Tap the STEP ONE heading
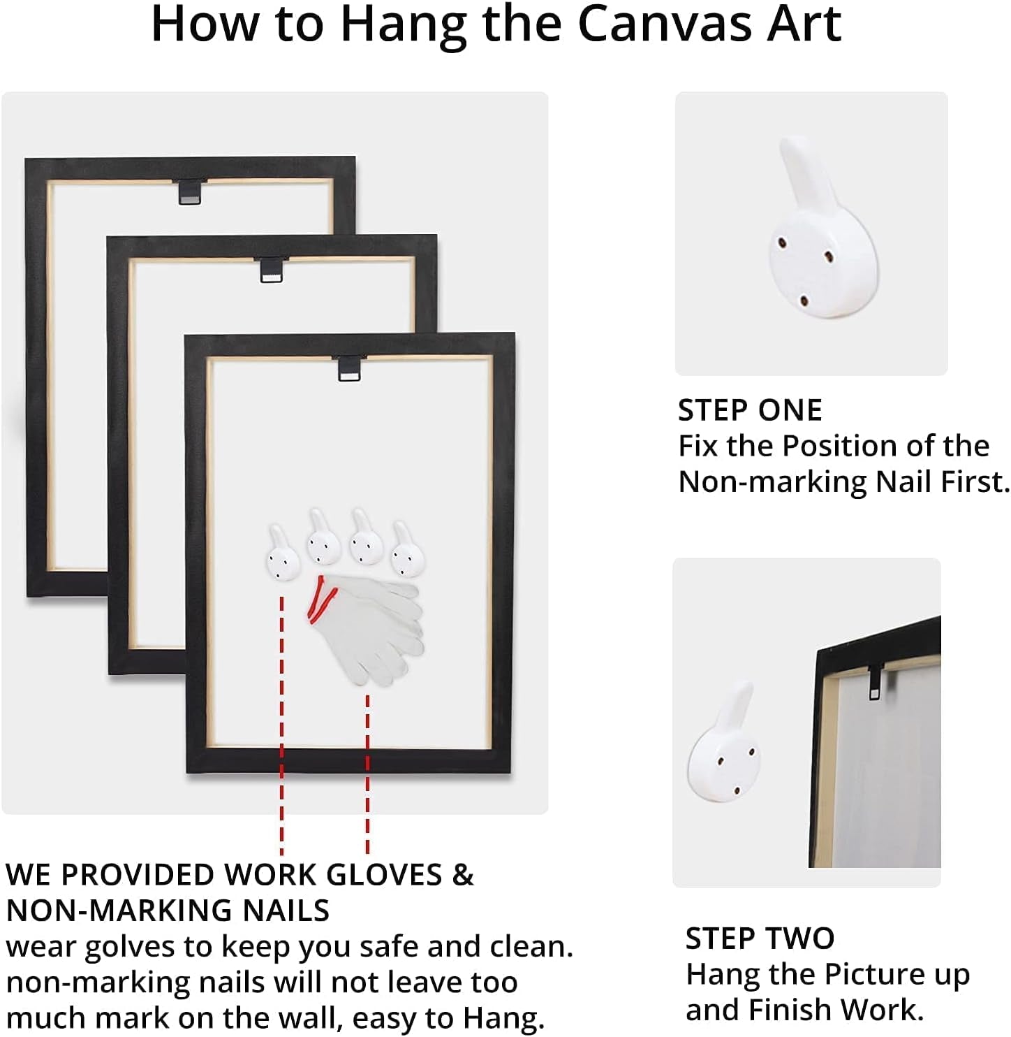tap(750, 410)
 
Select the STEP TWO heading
tap(760, 938)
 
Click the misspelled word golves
tap(129, 948)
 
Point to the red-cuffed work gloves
tap(367, 629)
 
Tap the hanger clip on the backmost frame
tap(189, 192)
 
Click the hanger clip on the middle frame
tap(272, 270)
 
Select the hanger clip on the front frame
tap(349, 369)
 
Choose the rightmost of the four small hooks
tap(407, 549)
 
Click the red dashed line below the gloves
tap(367, 774)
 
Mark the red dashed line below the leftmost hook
tap(281, 726)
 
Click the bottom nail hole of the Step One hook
tap(804, 301)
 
